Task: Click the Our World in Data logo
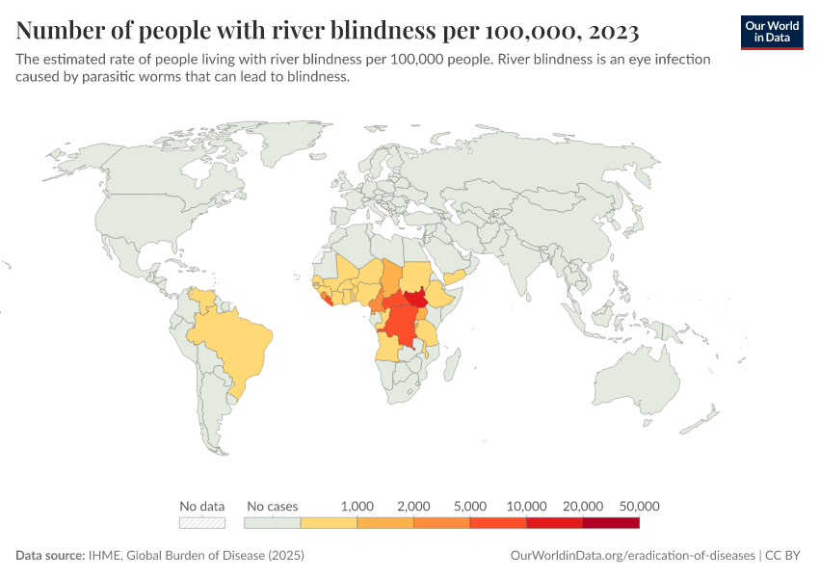point(771,32)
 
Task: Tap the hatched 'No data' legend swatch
point(202,523)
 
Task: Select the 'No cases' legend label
point(273,506)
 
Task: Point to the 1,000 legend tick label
point(357,506)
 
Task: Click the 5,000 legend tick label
point(470,506)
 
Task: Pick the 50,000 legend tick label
point(639,506)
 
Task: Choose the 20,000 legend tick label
point(583,506)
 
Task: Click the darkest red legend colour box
point(611,523)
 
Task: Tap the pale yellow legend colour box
point(329,523)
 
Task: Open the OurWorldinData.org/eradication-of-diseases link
point(631,556)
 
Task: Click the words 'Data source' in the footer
point(48,556)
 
